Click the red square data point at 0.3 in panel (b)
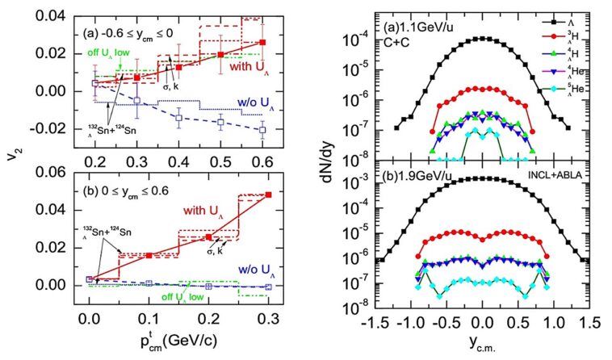(267, 195)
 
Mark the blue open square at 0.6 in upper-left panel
(262, 129)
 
